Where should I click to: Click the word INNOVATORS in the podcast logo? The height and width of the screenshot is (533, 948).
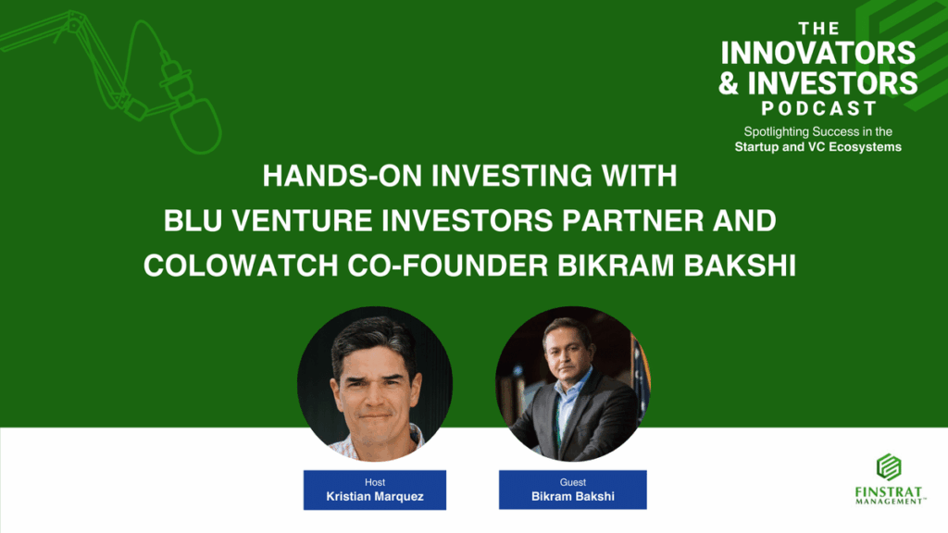pyautogui.click(x=818, y=53)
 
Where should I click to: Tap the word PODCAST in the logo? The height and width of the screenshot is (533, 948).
pyautogui.click(x=818, y=108)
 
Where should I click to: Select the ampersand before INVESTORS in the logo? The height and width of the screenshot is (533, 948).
pyautogui.click(x=729, y=82)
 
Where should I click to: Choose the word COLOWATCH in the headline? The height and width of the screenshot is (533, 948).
pyautogui.click(x=241, y=266)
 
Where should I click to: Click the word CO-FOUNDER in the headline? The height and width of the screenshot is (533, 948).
pyautogui.click(x=447, y=266)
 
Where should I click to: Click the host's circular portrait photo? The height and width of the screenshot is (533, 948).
pyautogui.click(x=375, y=384)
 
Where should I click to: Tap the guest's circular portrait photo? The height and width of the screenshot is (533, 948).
pyautogui.click(x=572, y=384)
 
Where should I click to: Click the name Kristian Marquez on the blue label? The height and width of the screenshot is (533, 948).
pyautogui.click(x=375, y=497)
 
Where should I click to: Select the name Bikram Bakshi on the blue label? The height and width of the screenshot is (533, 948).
pyautogui.click(x=572, y=497)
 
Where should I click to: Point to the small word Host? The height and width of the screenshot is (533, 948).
pyautogui.click(x=375, y=482)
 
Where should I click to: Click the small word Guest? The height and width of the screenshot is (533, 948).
pyautogui.click(x=572, y=482)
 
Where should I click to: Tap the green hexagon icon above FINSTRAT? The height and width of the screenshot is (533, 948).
pyautogui.click(x=889, y=466)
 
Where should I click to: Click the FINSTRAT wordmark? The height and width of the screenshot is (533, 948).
pyautogui.click(x=889, y=492)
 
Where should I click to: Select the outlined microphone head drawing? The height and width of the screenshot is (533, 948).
pyautogui.click(x=195, y=126)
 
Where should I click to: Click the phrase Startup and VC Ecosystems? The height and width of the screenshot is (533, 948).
pyautogui.click(x=818, y=147)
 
